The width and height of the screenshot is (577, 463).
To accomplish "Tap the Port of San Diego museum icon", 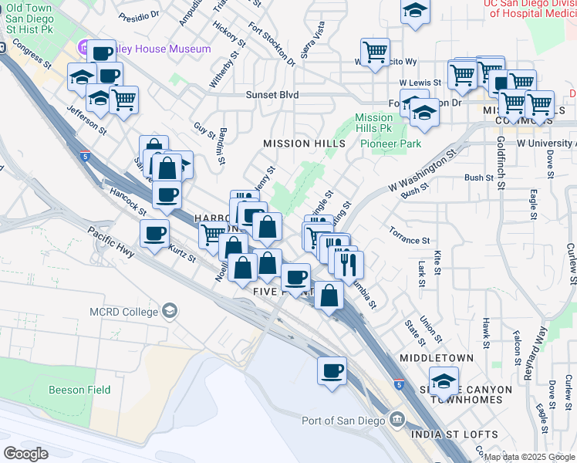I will point(397,420).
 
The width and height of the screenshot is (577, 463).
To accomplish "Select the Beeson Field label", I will point(79,390).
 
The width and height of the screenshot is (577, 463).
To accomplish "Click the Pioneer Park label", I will point(390,144).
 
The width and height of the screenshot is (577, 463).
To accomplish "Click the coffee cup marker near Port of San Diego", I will point(332,370).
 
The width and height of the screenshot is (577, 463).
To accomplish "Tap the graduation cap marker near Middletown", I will point(444,380).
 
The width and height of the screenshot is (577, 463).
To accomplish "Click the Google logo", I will point(25,454).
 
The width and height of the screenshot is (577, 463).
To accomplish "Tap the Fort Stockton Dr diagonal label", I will point(272,44).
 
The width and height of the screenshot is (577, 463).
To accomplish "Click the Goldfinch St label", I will point(501,162).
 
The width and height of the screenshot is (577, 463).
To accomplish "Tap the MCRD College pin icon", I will point(170,312).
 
